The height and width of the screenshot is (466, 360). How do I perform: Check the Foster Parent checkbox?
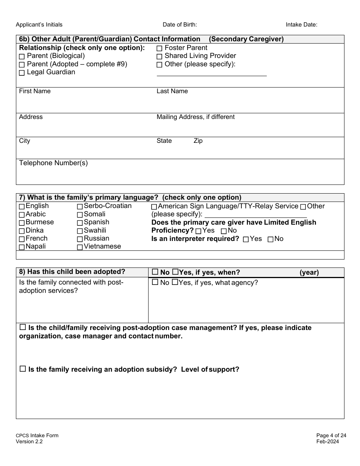(160, 48)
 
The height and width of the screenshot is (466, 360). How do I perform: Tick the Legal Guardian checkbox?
(22, 72)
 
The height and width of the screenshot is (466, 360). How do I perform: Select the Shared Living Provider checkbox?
(160, 56)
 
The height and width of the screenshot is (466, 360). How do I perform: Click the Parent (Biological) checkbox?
(22, 56)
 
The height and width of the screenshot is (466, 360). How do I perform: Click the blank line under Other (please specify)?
(211, 74)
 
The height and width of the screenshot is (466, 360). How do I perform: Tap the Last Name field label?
(172, 91)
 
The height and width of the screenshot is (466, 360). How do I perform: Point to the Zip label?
(198, 141)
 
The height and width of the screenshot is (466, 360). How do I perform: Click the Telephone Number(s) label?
(53, 163)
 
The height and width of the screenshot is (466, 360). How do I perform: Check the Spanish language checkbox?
(80, 223)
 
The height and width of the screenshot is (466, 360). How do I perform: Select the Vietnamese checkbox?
(80, 247)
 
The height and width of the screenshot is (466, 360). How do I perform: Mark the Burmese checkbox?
(22, 223)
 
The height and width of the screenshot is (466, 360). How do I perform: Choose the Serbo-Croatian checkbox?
(80, 206)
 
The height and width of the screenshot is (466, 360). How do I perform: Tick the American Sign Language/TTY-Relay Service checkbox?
(154, 207)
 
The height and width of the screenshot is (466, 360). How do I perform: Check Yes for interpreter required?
(246, 239)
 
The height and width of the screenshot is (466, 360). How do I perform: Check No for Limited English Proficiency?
(224, 231)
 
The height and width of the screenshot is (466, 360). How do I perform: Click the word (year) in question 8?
(309, 272)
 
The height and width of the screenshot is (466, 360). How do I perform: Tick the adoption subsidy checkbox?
(22, 369)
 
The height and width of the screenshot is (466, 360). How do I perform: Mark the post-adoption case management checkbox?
(22, 327)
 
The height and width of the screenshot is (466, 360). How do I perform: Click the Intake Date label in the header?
(301, 25)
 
